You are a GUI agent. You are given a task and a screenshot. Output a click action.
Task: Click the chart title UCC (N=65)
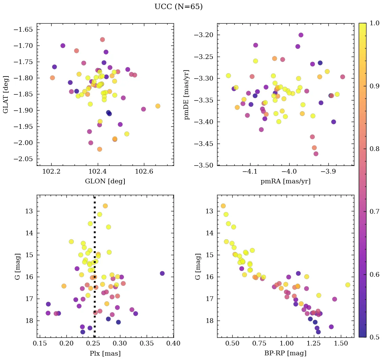178,7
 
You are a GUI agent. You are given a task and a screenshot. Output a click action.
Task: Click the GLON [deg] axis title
105,181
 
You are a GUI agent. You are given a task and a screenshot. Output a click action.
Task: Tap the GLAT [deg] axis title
6,94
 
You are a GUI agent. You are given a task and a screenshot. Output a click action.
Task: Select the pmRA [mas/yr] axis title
285,181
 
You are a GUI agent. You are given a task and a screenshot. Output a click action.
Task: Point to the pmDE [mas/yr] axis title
186,94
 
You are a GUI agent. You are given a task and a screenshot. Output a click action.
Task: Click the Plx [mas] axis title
105,353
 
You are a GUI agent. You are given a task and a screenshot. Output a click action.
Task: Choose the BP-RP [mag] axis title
285,353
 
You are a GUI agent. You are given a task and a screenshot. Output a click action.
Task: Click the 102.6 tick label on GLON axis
144,172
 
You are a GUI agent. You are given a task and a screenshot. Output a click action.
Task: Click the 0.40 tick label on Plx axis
173,343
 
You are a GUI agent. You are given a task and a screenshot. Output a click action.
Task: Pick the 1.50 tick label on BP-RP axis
341,343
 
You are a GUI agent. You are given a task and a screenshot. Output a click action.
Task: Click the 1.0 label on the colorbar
374,23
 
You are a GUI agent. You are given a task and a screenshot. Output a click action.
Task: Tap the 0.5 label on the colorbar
374,337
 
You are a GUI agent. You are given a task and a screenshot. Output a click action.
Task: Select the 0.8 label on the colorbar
374,149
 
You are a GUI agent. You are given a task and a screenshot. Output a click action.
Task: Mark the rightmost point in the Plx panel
162,273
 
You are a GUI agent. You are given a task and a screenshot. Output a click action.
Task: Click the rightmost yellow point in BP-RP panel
348,285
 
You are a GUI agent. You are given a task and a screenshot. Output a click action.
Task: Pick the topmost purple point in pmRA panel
301,35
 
